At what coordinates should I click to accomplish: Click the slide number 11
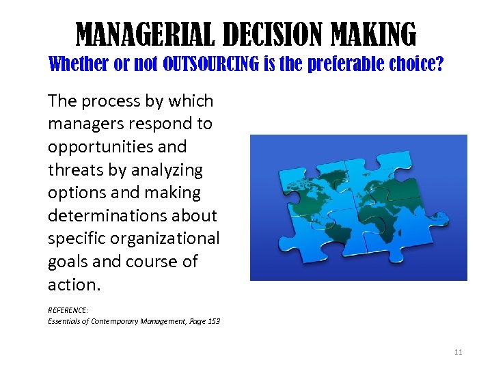coord(458,352)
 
